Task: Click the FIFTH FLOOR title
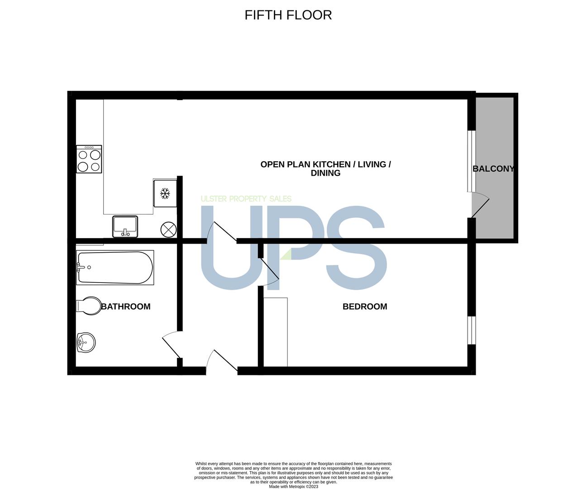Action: pos(288,15)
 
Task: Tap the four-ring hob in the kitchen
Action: pos(89,159)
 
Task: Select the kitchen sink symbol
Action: pos(125,227)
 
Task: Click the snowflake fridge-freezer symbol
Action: pos(165,193)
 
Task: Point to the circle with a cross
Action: pos(168,230)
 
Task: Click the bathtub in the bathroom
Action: pos(115,268)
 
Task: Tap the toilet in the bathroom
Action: pos(89,306)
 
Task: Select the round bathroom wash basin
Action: pos(86,342)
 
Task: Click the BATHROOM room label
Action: pos(126,306)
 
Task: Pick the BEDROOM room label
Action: pos(365,306)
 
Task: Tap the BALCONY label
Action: pos(493,169)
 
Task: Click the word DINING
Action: pos(325,173)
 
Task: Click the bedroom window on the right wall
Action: pos(472,330)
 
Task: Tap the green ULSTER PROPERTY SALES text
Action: pos(246,199)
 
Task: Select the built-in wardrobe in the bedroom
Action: pos(276,332)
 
